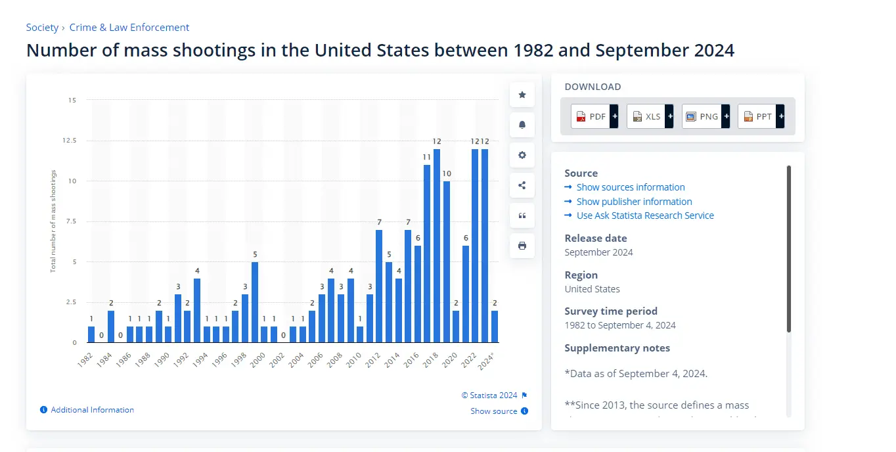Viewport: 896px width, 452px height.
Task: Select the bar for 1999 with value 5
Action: [x=255, y=302]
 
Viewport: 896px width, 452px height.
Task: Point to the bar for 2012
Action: [x=379, y=286]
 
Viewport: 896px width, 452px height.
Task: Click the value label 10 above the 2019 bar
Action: [x=447, y=173]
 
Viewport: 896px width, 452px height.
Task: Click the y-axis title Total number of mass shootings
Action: [x=54, y=221]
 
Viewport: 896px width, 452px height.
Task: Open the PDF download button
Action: [x=591, y=116]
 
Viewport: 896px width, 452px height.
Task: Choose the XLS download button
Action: [x=646, y=116]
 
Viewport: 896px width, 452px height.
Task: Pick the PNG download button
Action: [x=702, y=116]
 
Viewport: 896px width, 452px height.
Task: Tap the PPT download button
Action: [x=757, y=116]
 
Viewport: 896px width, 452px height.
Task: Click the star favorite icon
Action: [x=522, y=95]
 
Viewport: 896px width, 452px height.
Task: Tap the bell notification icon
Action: [x=522, y=125]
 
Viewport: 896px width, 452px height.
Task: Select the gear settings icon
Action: [x=522, y=155]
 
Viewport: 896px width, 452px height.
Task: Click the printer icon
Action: [x=522, y=246]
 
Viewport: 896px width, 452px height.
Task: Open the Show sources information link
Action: [x=631, y=187]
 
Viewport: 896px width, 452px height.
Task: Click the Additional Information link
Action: [x=92, y=410]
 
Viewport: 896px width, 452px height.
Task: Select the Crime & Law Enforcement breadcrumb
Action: [x=129, y=28]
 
